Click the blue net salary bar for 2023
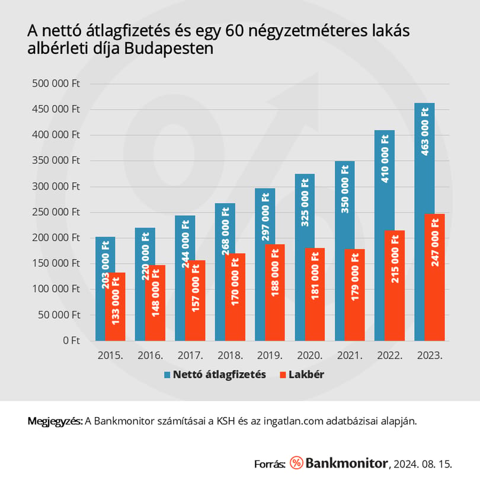coord(424,159)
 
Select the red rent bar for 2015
coord(115,306)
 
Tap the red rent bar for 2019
coord(275,292)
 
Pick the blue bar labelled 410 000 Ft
coord(385,181)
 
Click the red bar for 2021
coord(355,295)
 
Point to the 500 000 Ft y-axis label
coord(56,84)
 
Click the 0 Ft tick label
coord(71,340)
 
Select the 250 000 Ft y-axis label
coord(56,212)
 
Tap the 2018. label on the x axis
coord(230,356)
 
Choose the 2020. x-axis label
coord(310,356)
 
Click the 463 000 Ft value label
coord(425,132)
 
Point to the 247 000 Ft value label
coord(435,242)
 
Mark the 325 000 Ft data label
coord(305,202)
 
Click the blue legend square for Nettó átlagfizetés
coord(167,375)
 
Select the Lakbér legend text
coord(306,375)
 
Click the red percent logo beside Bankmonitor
coord(296,463)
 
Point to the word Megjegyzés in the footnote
coord(55,421)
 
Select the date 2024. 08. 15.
coord(423,464)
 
